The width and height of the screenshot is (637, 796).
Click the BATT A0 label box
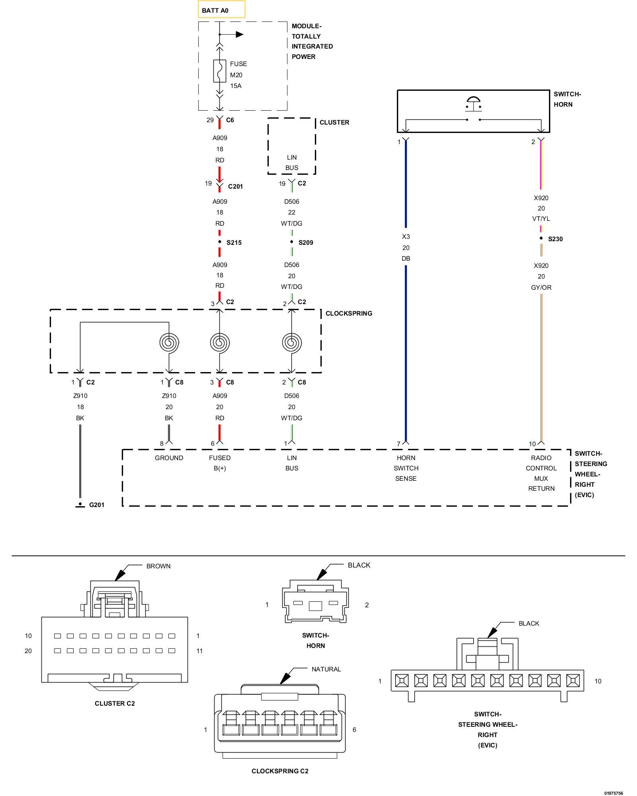click(222, 9)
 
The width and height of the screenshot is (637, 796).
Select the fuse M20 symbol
click(219, 71)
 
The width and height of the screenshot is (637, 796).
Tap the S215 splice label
click(234, 242)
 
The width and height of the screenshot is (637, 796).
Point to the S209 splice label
click(306, 242)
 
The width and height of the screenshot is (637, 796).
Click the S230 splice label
click(555, 239)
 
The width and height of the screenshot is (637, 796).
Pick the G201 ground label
click(97, 505)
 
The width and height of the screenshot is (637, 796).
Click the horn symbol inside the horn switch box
click(473, 103)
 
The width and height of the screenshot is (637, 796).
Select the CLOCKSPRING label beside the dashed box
click(349, 313)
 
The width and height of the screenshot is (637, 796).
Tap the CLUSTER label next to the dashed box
click(334, 122)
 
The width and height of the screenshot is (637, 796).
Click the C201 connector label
click(235, 186)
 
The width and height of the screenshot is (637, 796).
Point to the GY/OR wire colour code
click(541, 287)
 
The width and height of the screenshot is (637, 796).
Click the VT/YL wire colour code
click(541, 219)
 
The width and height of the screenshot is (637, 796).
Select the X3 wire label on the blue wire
click(406, 236)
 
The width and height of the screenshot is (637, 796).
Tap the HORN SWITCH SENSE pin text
click(406, 468)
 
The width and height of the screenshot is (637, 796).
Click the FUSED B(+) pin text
click(220, 463)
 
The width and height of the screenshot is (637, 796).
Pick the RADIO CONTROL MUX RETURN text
click(541, 473)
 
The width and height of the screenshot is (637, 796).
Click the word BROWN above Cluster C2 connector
click(158, 566)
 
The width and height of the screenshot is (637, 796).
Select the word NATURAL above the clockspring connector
click(326, 669)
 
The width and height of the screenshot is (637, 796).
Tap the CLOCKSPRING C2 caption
click(280, 771)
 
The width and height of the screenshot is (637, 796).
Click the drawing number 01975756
click(614, 793)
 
